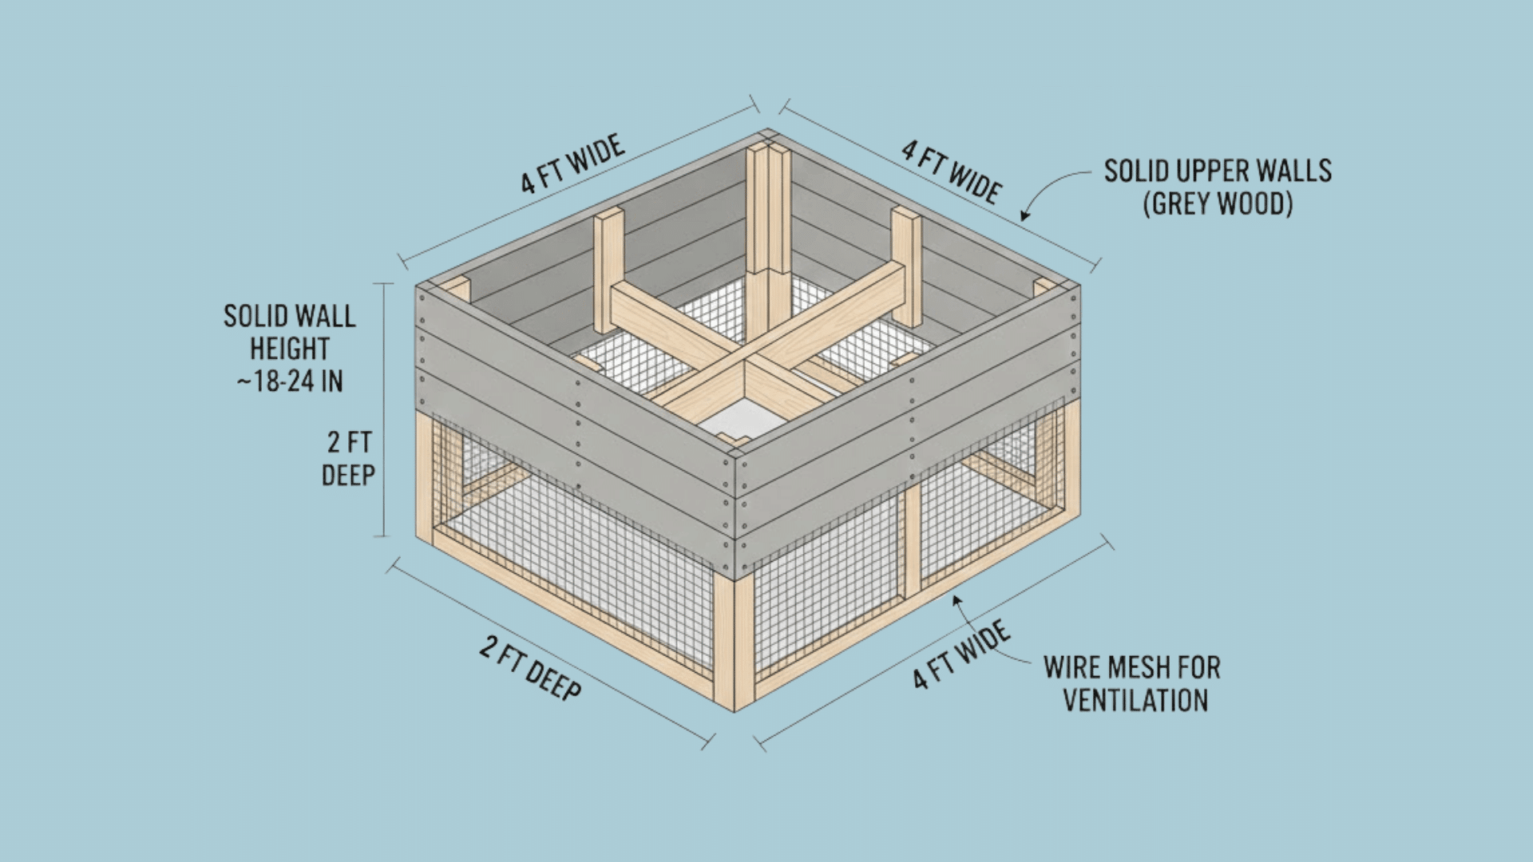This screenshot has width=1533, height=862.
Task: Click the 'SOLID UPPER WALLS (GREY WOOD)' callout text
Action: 1218,188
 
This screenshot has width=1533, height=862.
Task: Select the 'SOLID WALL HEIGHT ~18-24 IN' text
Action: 290,349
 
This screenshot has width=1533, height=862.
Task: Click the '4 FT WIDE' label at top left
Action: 572,164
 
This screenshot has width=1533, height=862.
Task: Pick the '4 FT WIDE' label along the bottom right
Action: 962,654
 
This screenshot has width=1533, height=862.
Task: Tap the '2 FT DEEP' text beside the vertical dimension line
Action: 348,459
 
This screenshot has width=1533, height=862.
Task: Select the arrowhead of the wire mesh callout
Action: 957,599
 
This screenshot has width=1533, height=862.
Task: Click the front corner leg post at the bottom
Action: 734,639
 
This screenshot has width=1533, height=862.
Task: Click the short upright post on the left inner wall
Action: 608,267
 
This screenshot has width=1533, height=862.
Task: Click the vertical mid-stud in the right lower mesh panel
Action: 910,543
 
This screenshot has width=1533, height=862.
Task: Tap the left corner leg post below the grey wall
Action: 425,479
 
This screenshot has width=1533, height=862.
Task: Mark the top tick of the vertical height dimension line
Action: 384,283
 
